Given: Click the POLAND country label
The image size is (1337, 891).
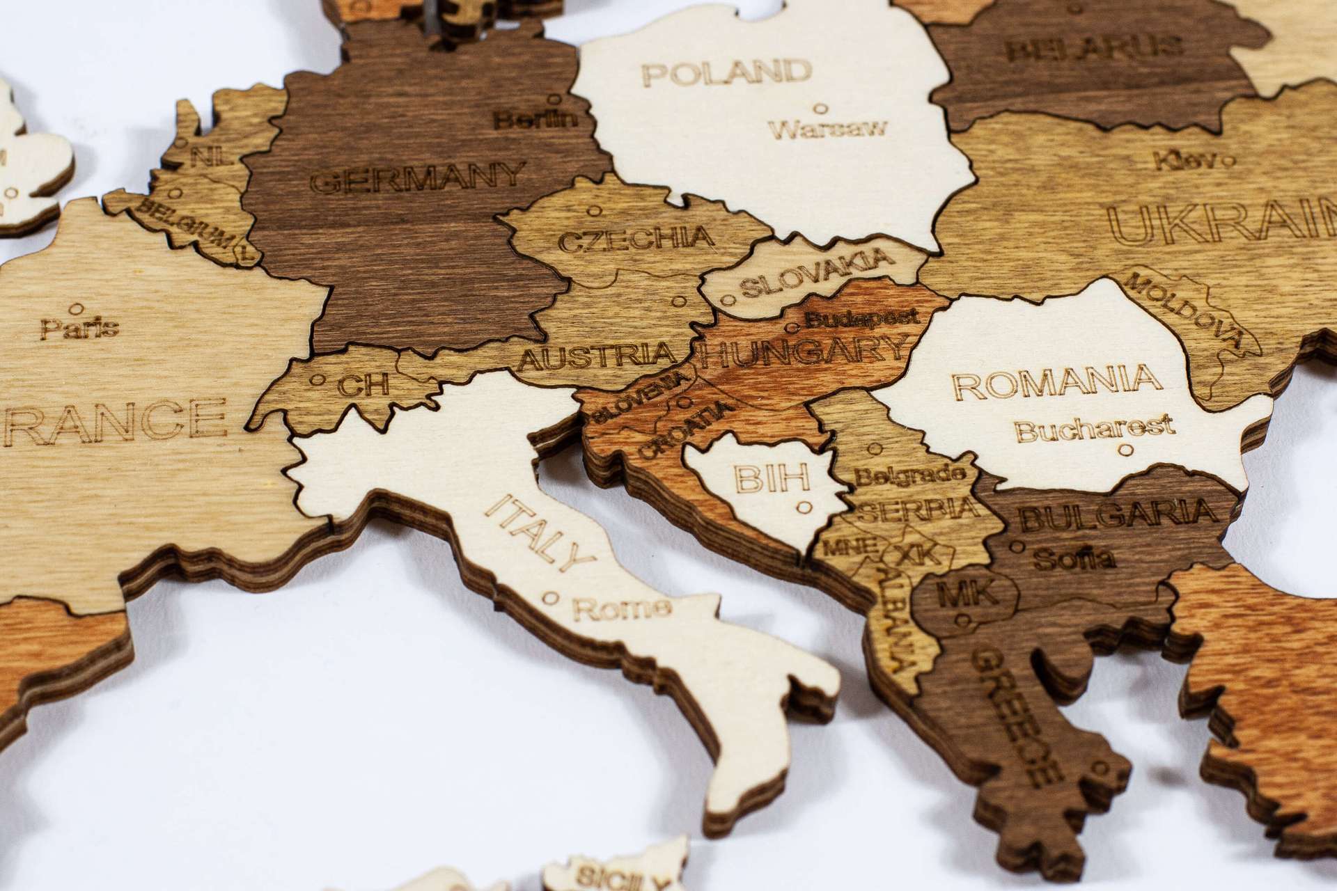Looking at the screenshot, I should [x=727, y=72].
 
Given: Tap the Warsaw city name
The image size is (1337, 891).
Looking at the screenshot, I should [x=829, y=129].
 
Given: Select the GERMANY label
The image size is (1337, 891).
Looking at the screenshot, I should [x=416, y=178].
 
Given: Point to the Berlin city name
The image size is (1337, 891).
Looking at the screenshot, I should [x=536, y=119].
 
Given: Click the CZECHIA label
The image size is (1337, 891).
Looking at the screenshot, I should [x=636, y=239].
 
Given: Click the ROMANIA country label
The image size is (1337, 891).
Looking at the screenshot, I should [x=1056, y=381].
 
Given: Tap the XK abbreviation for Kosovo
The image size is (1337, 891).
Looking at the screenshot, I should [x=918, y=554].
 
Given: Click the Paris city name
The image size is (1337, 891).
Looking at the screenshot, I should [x=79, y=327].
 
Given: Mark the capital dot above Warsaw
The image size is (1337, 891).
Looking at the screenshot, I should [x=820, y=108].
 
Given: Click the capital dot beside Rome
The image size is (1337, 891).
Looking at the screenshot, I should [x=552, y=597].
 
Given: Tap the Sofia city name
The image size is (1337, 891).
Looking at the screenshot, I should [x=1074, y=558].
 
